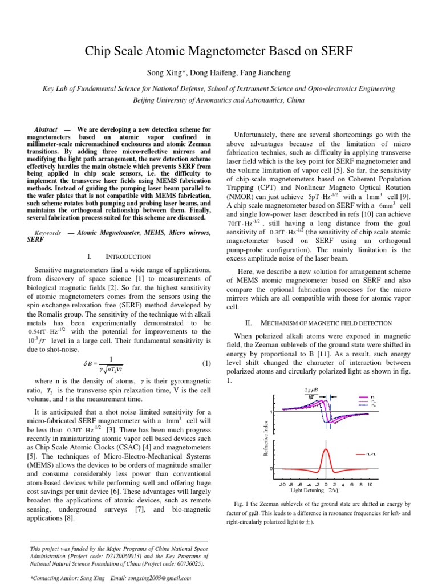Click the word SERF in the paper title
[x=332, y=53]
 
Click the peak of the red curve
[x=326, y=449]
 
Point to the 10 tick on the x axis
[x=369, y=485]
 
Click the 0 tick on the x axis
[x=326, y=485]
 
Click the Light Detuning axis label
[x=307, y=490]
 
